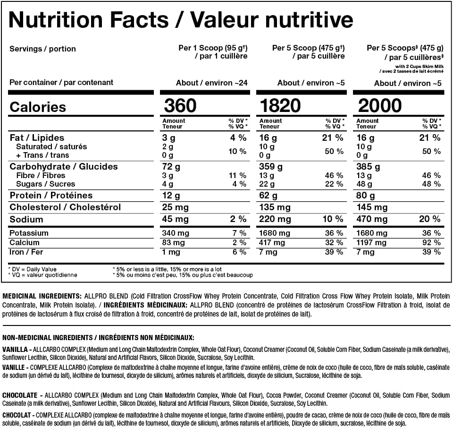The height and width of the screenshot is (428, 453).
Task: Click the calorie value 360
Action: coord(180,105)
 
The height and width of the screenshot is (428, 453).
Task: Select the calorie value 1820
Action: coord(280,105)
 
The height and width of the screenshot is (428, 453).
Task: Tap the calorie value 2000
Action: coord(380,105)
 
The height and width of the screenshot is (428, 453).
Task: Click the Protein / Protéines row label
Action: coord(51,196)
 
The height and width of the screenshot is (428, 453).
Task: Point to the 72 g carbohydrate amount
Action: coord(171,167)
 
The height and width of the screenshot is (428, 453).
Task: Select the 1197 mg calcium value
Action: coord(369,242)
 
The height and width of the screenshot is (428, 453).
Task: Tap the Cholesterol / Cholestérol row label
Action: coord(65,207)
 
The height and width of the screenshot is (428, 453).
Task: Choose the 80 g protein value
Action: coord(366,196)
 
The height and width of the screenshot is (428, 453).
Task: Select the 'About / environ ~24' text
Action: coord(211,83)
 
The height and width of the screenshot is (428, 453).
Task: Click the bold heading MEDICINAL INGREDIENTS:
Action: coord(42,295)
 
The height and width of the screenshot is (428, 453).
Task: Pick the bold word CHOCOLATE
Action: coord(21,395)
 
